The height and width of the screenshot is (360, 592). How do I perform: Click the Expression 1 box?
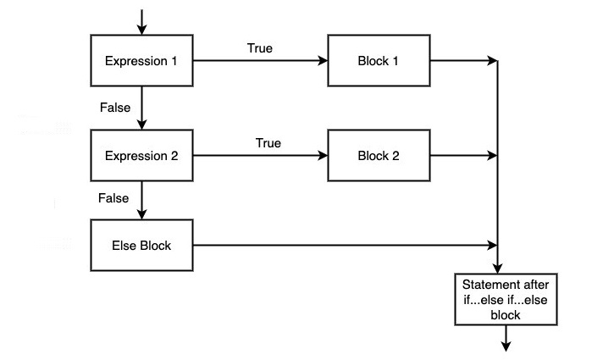142,61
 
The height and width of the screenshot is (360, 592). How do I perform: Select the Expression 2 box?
142,156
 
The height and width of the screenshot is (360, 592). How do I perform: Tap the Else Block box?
142,246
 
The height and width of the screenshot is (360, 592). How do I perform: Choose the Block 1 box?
379,61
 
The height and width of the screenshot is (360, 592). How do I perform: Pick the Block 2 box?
379,156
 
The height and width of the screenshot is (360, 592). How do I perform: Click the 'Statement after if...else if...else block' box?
506,299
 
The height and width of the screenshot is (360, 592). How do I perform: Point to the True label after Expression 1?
259,48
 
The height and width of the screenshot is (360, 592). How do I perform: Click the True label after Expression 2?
268,143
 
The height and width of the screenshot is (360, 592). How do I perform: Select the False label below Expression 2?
113,198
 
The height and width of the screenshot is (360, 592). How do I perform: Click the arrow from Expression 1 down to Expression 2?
142,108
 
